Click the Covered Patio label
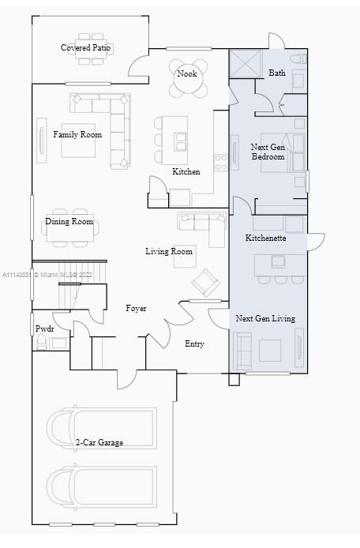click(x=85, y=47)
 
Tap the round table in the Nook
click(x=187, y=79)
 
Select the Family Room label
click(x=77, y=134)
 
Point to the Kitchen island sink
click(x=180, y=141)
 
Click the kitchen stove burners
click(x=221, y=162)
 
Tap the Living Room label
click(x=169, y=251)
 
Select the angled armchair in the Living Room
click(x=205, y=283)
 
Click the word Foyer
click(x=136, y=308)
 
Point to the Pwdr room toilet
click(x=42, y=341)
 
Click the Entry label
click(x=194, y=344)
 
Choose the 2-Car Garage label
click(x=99, y=442)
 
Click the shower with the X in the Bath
click(x=246, y=63)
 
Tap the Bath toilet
click(x=298, y=58)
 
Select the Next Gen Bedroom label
click(x=268, y=152)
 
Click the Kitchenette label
click(x=265, y=238)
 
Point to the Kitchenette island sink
click(x=278, y=262)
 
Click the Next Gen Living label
click(x=265, y=318)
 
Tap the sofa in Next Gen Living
click(x=242, y=351)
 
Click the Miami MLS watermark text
click(x=47, y=275)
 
